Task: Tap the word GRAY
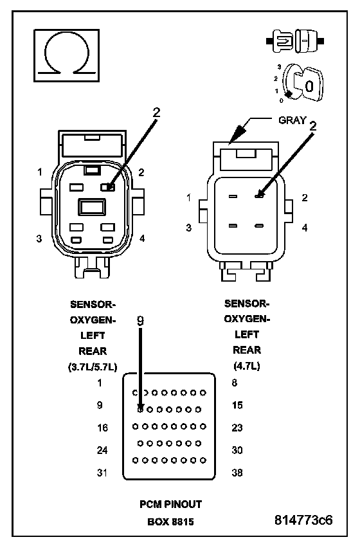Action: coord(292,120)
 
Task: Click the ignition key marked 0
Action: coord(309,84)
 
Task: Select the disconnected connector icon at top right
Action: coord(295,41)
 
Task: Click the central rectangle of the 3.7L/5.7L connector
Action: coord(91,207)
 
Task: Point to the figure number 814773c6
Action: coord(303,520)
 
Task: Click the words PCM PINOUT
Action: coord(170,504)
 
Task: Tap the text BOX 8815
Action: coord(170,521)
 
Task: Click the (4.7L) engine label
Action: coord(247,366)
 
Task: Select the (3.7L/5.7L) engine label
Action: coord(93,367)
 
